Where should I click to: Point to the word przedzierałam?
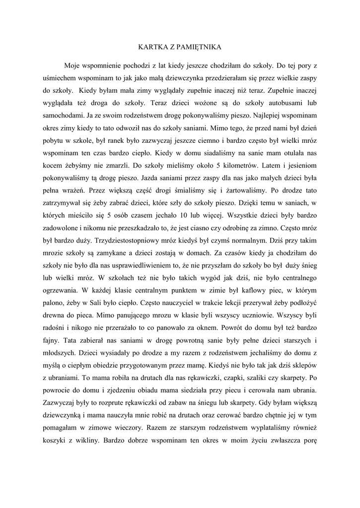pos(211,78)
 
